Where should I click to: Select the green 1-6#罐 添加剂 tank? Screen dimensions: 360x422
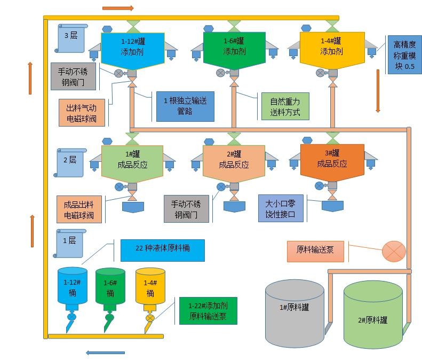tap(234, 49)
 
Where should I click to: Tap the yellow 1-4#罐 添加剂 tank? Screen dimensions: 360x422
tap(332, 49)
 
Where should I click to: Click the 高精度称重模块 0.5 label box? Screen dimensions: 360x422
tap(403, 55)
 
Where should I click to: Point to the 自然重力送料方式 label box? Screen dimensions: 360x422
tap(285, 106)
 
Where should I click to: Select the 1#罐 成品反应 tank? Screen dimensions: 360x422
tap(132, 159)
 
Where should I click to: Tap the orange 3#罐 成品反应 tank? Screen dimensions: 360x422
tap(332, 159)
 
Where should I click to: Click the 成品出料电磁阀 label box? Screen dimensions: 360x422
tap(78, 209)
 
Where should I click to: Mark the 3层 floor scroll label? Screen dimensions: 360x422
tap(71, 37)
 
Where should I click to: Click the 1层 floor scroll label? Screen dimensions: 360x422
tap(70, 242)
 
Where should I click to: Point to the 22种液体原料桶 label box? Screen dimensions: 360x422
tap(162, 249)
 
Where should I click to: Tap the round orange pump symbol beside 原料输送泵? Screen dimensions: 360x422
tap(394, 252)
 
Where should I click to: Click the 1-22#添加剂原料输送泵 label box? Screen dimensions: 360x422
tap(208, 311)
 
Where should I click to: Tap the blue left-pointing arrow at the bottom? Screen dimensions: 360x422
tap(105, 353)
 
